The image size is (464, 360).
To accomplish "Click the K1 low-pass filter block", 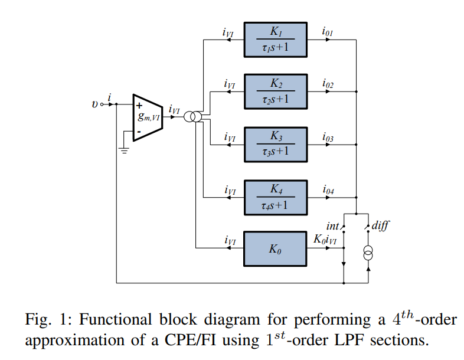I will click(276, 40).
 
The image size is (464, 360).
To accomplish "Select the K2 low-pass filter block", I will click(276, 91).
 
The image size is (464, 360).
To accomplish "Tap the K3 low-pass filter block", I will click(276, 144).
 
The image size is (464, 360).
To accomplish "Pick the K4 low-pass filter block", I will click(276, 196).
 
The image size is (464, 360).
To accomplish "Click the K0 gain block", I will click(276, 248).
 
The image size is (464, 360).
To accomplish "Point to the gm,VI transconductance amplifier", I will click(147, 117).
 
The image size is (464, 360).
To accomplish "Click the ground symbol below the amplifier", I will click(124, 150).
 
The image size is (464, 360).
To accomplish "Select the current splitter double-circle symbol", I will click(192, 117).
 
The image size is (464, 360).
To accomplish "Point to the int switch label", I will click(333, 226).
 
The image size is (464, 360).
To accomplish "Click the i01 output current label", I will click(328, 32).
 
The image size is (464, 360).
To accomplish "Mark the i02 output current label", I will click(328, 84).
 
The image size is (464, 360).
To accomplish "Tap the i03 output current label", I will click(328, 137).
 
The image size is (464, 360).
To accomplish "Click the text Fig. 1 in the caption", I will click(46, 320).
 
